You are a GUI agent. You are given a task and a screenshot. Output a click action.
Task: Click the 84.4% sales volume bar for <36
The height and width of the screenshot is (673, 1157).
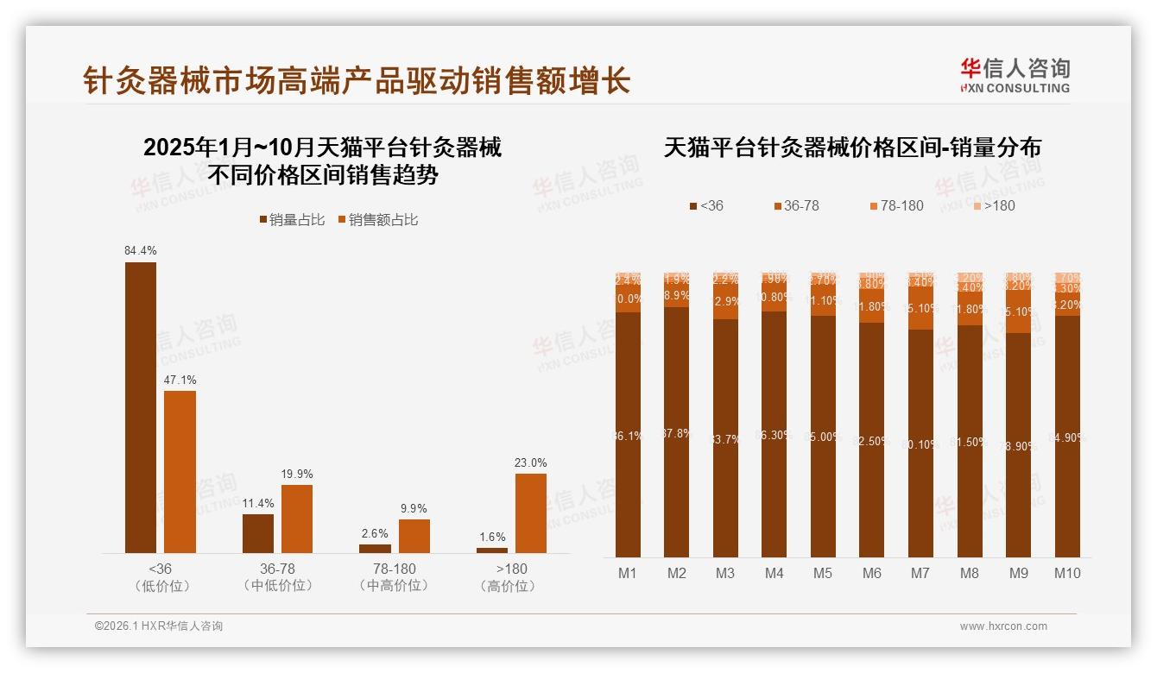[141, 407]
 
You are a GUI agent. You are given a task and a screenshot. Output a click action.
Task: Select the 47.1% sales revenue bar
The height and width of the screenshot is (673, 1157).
[180, 472]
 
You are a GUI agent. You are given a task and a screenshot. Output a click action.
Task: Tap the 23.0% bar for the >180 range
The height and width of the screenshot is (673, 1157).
[531, 513]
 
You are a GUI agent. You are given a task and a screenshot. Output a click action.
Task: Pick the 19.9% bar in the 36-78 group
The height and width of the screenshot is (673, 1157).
[297, 519]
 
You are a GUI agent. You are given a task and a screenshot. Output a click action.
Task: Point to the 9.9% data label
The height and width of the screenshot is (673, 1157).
[414, 508]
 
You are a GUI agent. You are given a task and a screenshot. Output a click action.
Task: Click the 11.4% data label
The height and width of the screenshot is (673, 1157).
[258, 503]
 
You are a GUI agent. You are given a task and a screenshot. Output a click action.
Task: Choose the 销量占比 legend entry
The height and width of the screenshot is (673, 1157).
[292, 220]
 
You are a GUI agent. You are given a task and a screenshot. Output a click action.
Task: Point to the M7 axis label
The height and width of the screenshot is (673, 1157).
[920, 573]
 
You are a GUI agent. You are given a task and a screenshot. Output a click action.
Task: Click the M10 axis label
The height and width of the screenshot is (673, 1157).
[1067, 573]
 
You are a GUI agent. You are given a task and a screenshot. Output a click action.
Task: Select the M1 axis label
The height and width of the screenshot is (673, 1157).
[628, 573]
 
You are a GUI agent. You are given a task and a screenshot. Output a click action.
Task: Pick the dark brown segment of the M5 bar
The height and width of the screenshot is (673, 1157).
[824, 436]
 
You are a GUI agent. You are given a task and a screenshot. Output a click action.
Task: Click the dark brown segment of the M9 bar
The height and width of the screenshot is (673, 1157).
[1018, 444]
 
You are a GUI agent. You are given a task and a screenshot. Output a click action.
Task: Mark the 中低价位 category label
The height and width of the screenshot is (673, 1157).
[278, 586]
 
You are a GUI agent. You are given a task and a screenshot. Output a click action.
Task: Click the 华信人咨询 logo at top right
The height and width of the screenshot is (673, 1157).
[1015, 75]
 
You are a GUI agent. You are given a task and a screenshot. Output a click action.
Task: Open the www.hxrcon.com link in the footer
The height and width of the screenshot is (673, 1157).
[1003, 626]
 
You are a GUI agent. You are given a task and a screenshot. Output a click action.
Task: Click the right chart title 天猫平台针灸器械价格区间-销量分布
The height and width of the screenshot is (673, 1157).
[852, 148]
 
